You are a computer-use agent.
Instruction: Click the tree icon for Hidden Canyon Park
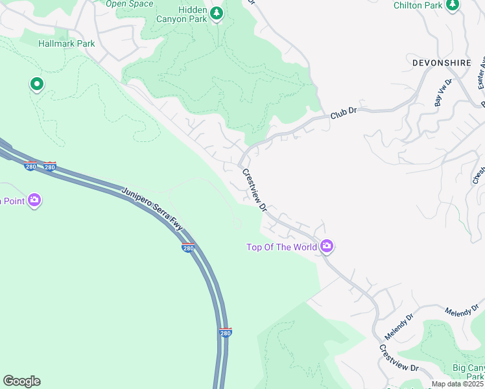tap(217, 12)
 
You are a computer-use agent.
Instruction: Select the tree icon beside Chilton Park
tap(453, 5)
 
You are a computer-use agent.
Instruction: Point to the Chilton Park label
tap(418, 5)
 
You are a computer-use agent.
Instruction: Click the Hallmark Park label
tap(67, 43)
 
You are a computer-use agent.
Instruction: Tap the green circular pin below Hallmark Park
tap(36, 84)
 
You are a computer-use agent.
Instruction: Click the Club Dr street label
tap(344, 112)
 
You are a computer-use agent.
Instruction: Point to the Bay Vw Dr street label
tap(443, 95)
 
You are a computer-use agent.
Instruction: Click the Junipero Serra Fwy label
tap(152, 210)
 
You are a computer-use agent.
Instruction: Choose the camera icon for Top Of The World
tap(327, 246)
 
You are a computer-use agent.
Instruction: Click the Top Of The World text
tap(281, 247)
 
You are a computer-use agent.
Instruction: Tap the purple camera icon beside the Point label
tap(35, 200)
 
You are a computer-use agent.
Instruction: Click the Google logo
tap(21, 381)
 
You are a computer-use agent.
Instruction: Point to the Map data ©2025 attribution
tap(457, 384)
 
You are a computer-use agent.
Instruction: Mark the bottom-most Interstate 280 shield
tap(225, 333)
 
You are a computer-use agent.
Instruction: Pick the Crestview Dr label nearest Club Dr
tap(254, 189)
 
